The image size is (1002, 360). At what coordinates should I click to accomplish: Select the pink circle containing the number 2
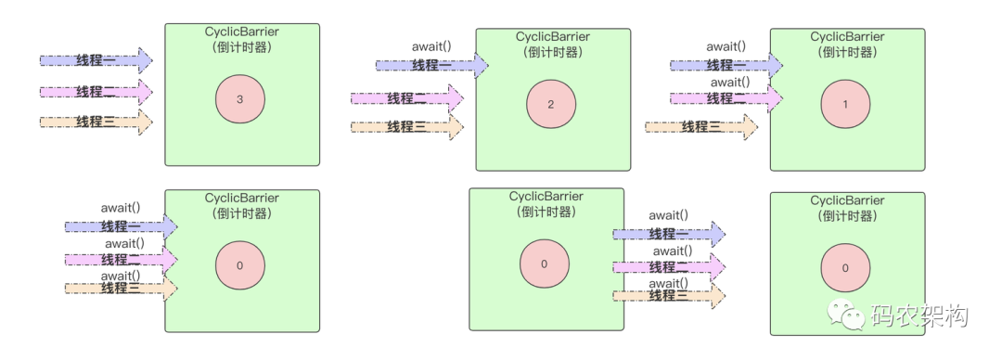click(550, 104)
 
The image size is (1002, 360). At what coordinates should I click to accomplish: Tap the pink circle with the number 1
click(844, 104)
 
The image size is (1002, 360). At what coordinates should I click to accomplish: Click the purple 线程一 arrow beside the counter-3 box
click(96, 61)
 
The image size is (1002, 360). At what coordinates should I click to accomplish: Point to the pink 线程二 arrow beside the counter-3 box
click(96, 92)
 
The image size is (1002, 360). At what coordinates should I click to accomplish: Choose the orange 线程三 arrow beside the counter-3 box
click(96, 122)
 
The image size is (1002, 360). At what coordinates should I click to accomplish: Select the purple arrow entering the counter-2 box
click(431, 65)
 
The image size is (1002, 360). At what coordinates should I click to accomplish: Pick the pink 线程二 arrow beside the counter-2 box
click(406, 98)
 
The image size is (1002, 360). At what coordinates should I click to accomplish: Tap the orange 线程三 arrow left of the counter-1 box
click(700, 127)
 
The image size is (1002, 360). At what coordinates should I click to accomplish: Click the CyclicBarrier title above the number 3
click(241, 32)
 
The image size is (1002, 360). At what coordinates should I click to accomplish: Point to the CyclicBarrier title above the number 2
click(553, 36)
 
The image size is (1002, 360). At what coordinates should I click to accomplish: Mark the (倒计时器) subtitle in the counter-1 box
click(847, 52)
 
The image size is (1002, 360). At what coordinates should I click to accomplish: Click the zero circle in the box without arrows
click(844, 267)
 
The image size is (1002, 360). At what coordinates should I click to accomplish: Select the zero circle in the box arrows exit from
click(544, 264)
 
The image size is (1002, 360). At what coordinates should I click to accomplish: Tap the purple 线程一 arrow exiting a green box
click(668, 234)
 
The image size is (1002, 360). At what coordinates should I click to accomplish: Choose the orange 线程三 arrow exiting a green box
click(668, 295)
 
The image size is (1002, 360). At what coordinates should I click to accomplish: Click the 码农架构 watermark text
click(918, 315)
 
